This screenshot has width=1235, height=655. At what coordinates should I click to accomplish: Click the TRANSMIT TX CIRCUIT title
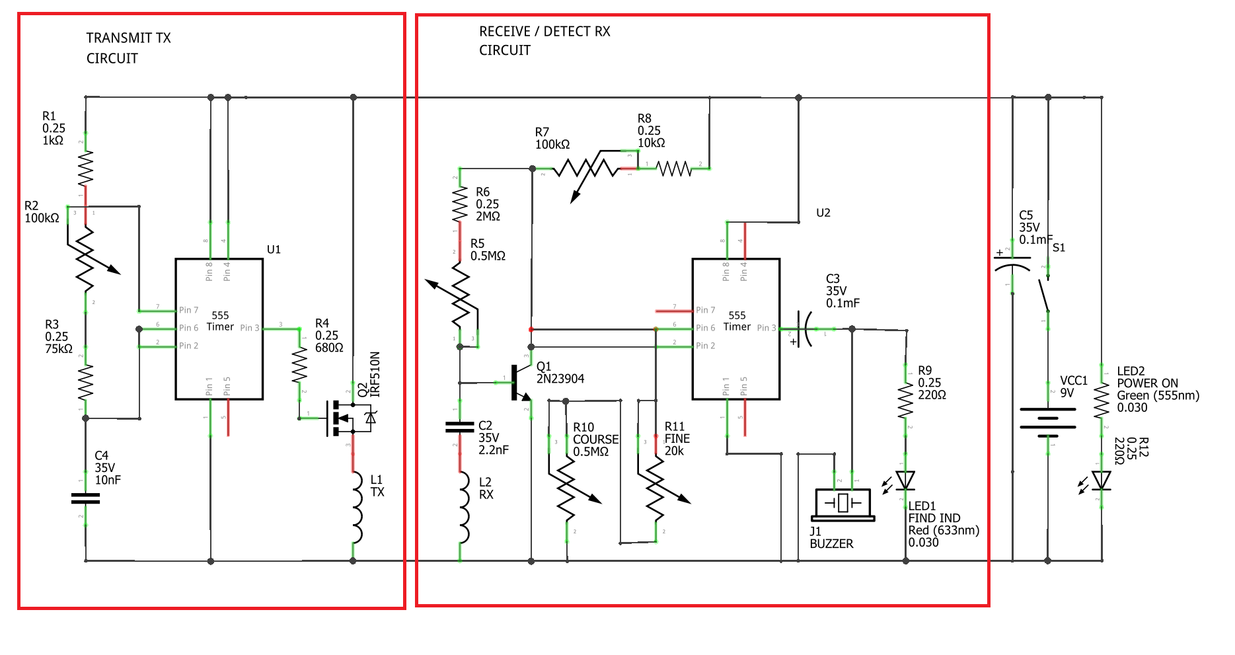[128, 48]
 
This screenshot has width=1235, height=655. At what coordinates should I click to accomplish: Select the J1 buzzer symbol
[843, 504]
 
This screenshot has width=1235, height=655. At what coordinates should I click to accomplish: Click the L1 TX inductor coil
[357, 508]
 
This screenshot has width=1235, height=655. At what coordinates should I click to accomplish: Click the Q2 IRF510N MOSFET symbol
[348, 418]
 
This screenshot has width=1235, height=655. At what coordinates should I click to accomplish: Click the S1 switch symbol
[1045, 294]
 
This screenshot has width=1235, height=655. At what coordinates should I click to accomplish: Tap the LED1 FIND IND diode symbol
[905, 481]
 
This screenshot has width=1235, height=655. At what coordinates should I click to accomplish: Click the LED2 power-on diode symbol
[1101, 481]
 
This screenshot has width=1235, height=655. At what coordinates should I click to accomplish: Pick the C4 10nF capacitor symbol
[85, 498]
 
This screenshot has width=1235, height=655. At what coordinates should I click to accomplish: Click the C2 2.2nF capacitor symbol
[460, 427]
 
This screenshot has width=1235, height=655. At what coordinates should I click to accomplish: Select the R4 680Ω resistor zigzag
[299, 366]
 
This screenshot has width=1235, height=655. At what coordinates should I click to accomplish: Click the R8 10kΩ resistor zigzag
[674, 169]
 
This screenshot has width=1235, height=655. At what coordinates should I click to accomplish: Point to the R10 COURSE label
[595, 440]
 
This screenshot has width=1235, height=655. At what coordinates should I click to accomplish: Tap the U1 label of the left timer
[274, 249]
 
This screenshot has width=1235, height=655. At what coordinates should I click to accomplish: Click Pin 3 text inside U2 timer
[767, 328]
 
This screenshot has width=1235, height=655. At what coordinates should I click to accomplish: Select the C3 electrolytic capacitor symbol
[804, 328]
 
